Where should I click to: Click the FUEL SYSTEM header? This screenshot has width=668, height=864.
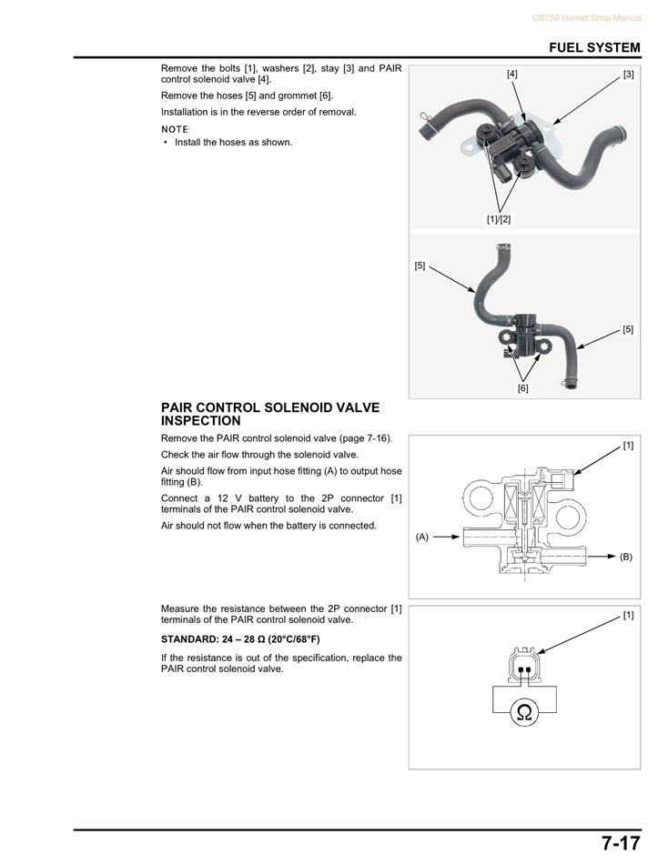pos(594,47)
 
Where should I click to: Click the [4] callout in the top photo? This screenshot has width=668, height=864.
pos(512,74)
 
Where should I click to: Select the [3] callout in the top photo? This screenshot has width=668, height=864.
pos(628,74)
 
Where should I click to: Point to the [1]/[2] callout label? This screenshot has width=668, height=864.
pos(499,219)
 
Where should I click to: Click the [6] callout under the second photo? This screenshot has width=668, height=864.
pos(523,388)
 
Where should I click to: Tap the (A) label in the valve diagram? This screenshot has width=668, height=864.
pos(422,537)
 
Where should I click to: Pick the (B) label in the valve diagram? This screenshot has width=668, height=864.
pos(626,556)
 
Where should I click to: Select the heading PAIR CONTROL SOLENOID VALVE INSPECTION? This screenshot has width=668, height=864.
pos(270,415)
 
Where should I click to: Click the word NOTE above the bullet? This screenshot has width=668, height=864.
pos(175,129)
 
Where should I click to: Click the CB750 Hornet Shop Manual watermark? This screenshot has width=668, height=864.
pos(586,18)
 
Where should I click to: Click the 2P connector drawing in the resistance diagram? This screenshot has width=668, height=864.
pos(523,666)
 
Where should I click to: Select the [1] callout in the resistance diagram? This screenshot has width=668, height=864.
pos(628,616)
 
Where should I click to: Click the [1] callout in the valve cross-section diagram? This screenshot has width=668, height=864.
pos(628,445)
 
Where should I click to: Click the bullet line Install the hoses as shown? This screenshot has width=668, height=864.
pos(233,142)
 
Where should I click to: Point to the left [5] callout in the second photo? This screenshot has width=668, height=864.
pos(420,266)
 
